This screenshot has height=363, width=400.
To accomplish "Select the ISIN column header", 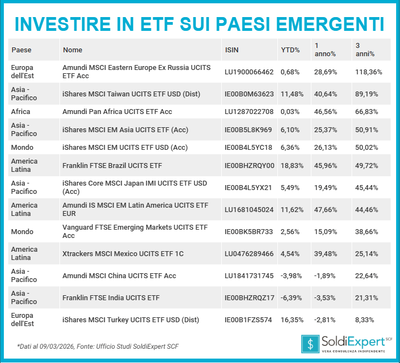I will point(232,50).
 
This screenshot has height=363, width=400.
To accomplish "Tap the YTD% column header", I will point(290,50).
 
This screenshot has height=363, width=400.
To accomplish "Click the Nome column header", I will point(73,50).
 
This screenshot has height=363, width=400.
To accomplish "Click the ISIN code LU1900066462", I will point(249,72).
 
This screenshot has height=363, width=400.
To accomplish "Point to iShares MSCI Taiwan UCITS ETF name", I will point(123,94).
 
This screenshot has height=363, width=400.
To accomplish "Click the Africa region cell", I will point(21,112).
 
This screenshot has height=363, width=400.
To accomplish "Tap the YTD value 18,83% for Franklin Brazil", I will point(292,165).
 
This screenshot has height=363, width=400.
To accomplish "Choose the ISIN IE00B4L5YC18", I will point(249,148).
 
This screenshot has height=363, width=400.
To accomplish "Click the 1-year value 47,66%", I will point(326,209).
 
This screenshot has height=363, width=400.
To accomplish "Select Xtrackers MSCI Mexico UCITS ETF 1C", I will point(123,254).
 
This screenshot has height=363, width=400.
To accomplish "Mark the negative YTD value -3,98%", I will point(292,276).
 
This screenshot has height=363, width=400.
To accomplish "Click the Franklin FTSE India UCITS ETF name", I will point(111,298).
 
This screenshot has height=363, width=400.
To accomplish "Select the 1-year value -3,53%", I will point(325,298).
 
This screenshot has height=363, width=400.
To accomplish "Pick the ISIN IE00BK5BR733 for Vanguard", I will point(249,232).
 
